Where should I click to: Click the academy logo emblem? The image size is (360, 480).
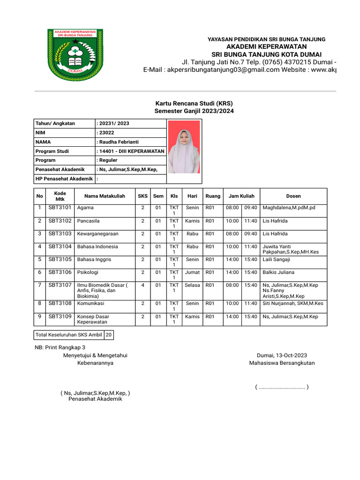click(x=75, y=55)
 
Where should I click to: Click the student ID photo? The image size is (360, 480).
click(x=184, y=147)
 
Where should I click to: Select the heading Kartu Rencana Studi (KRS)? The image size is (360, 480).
click(x=194, y=103)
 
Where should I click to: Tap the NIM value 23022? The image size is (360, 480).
click(x=106, y=133)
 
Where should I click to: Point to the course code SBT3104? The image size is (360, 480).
click(x=60, y=247)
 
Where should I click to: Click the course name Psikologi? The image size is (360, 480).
click(x=88, y=272)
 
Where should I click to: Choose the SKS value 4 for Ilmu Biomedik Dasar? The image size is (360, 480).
click(x=142, y=285)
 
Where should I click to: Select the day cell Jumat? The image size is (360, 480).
click(x=192, y=272)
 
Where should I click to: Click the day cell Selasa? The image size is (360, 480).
click(x=192, y=285)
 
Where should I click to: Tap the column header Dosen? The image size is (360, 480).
click(x=293, y=196)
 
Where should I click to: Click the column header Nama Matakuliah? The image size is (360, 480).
click(x=105, y=196)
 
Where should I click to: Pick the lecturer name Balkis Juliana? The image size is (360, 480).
click(x=278, y=272)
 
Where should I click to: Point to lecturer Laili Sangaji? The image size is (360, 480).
click(x=277, y=259)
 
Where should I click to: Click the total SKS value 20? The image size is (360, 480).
click(x=109, y=335)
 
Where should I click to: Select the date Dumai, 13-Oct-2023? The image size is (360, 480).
click(x=282, y=355)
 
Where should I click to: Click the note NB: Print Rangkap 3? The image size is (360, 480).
click(x=60, y=347)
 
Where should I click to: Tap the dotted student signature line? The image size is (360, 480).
click(x=282, y=387)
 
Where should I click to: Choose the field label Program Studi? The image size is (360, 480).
click(x=52, y=151)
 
